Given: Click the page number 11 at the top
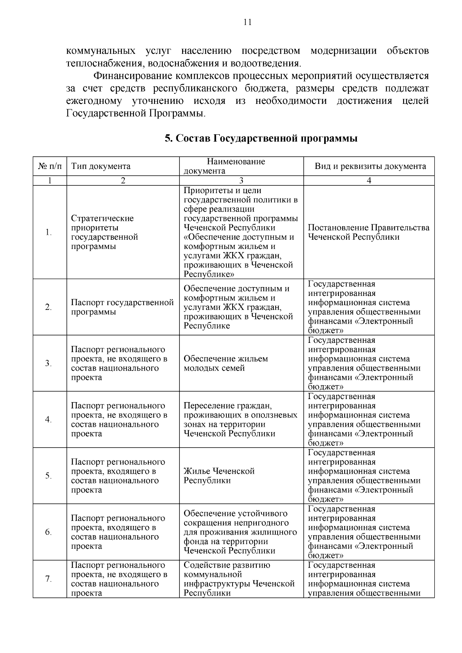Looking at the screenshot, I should click(248, 22).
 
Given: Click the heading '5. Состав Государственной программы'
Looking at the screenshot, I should click(261, 138).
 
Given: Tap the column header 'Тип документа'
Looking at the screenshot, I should click(101, 166).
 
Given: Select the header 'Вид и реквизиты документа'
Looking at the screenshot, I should click(370, 166).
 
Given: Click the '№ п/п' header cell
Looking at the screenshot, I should click(50, 166).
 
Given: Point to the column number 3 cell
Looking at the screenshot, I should click(241, 180).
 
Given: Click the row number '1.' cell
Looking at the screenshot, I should click(49, 232).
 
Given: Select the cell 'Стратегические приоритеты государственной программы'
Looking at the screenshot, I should click(104, 232).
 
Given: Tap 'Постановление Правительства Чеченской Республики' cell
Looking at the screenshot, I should click(368, 232).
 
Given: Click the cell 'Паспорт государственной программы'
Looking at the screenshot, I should click(122, 307).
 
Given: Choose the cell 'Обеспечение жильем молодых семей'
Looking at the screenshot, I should click(226, 363).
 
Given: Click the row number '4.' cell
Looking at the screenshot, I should click(49, 419).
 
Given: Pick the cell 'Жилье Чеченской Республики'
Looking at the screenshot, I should click(219, 476).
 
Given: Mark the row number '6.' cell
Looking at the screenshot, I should click(49, 532).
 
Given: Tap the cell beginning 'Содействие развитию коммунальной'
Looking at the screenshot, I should click(239, 579).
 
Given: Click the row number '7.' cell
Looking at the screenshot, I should click(49, 579).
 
